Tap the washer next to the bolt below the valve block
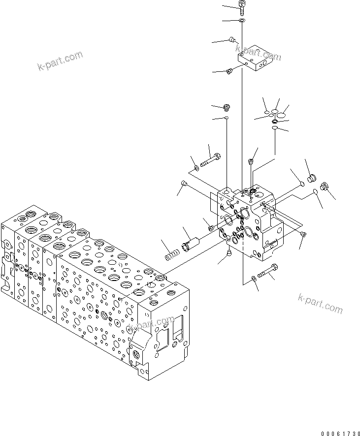(254, 279)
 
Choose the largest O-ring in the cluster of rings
(282, 115)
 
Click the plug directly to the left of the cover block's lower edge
(229, 72)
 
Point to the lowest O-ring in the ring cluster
(275, 129)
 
